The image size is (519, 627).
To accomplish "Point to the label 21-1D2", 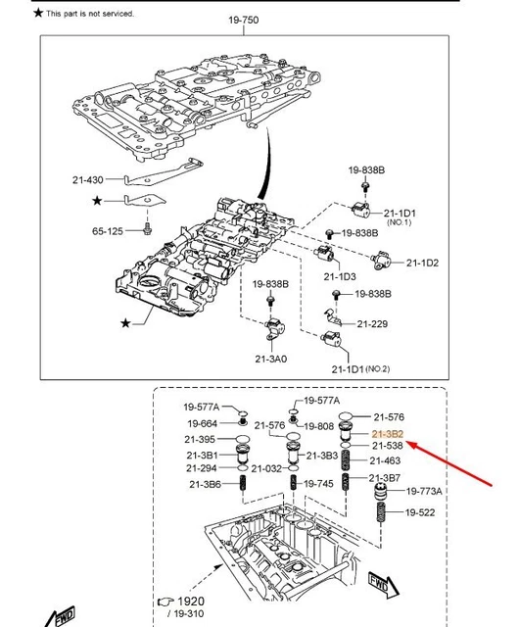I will (423, 263).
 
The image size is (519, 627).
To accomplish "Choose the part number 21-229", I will (373, 322).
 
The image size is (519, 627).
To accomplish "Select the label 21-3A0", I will (271, 359).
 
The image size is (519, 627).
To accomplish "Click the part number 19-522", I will (421, 512).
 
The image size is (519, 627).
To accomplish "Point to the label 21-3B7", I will (385, 477).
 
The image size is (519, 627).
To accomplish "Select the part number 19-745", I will (318, 483).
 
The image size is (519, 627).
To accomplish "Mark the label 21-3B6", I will (203, 484).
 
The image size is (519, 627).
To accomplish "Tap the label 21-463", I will (386, 460).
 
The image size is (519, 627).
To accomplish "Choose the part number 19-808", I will (318, 426).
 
